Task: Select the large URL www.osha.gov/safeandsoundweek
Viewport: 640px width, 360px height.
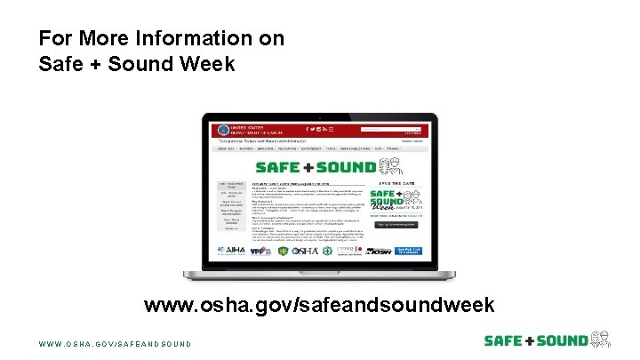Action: [x=319, y=306]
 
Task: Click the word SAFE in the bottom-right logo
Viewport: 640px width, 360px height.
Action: [x=503, y=340]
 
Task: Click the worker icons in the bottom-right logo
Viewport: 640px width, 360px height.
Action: [x=601, y=339]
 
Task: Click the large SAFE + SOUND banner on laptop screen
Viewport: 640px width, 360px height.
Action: [x=316, y=166]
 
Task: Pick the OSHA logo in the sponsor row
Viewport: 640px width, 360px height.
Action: [x=301, y=252]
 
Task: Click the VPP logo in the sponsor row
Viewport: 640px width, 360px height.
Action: [x=259, y=252]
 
